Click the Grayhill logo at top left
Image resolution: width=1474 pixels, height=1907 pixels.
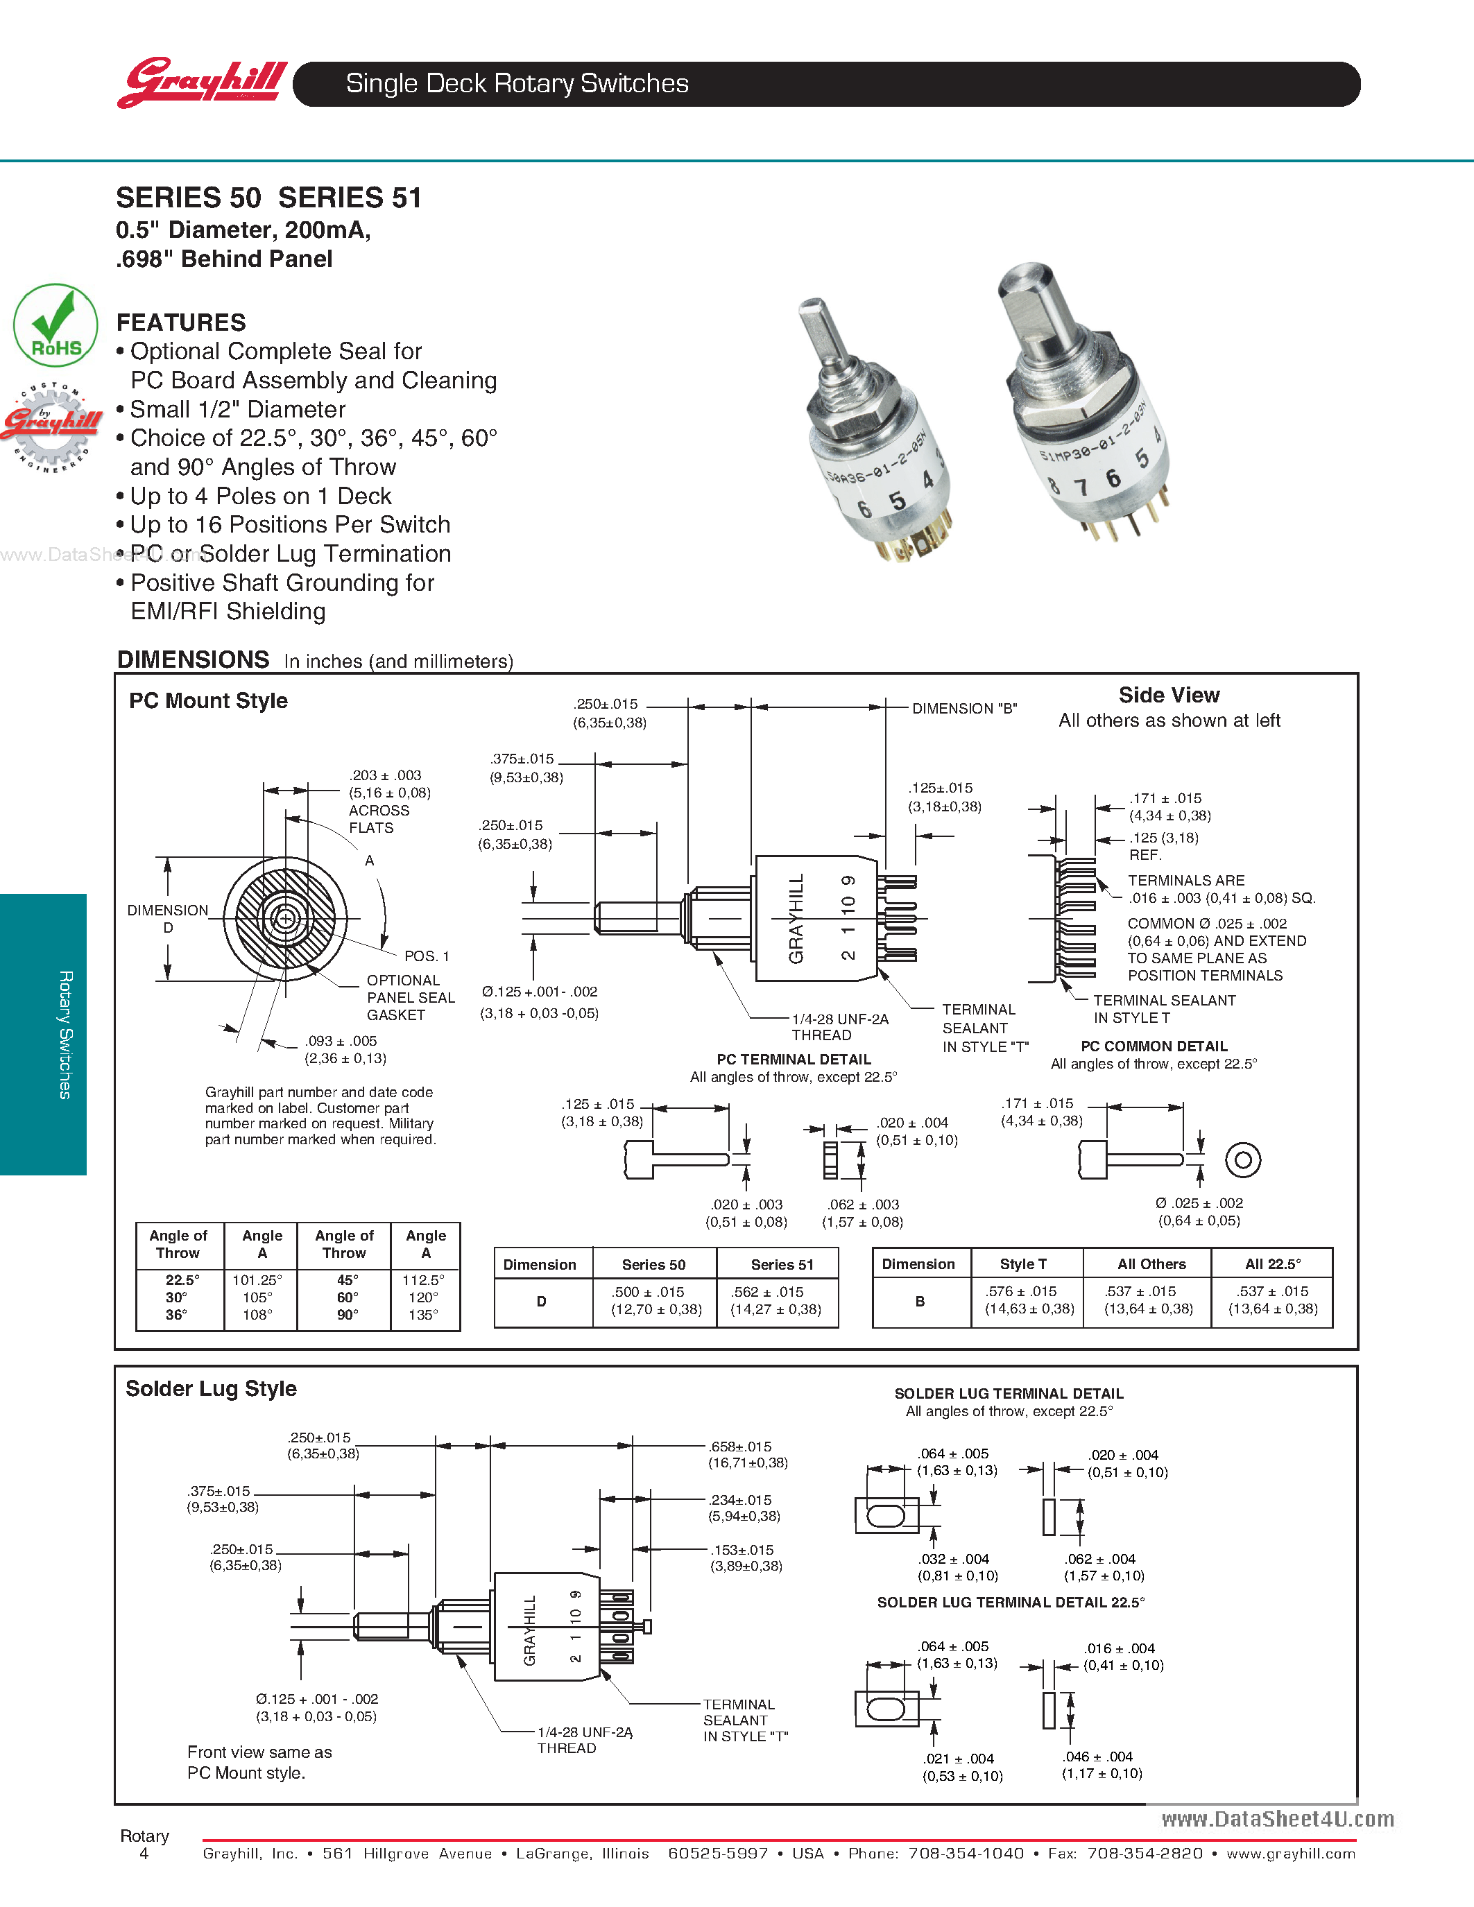click(202, 83)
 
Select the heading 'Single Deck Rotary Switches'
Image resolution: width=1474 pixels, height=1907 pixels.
click(517, 84)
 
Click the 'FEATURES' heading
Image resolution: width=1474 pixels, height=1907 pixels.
click(181, 322)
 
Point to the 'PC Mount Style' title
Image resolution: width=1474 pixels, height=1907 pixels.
click(208, 700)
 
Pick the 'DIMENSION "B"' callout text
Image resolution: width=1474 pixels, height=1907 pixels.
click(964, 708)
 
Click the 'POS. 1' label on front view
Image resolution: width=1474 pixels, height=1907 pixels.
click(426, 956)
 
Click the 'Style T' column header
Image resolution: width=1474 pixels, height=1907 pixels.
click(1022, 1263)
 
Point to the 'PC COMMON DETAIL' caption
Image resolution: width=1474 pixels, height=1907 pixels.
click(1154, 1046)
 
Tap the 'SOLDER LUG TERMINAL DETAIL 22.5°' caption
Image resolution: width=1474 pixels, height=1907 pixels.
click(1011, 1603)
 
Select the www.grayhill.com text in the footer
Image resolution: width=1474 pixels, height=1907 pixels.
click(1291, 1853)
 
